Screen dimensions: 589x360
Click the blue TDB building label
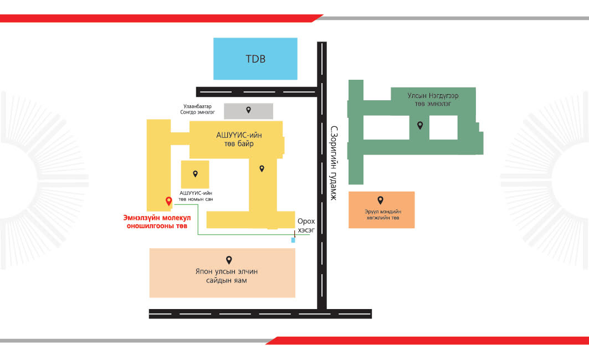[x=255, y=59]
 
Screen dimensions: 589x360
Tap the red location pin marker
[x=168, y=201]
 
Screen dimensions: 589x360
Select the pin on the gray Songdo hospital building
[x=248, y=110]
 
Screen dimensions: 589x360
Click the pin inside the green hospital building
[x=420, y=125]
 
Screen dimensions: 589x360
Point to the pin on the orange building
[x=381, y=200]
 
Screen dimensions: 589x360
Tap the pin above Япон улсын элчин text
[x=229, y=260]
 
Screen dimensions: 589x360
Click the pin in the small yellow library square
[x=196, y=174]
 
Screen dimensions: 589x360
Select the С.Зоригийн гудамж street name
[x=334, y=163]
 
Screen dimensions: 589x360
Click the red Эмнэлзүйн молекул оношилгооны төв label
[x=157, y=222]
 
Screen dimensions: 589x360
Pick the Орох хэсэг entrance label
[x=306, y=225]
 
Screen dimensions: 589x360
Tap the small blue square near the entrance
[x=293, y=240]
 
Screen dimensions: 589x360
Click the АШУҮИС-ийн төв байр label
[x=239, y=139]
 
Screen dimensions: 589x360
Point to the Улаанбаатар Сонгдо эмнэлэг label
[x=198, y=109]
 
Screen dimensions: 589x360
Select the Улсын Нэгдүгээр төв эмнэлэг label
[x=433, y=100]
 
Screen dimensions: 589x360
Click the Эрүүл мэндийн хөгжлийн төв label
[x=383, y=215]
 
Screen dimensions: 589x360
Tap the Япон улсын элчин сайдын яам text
[x=227, y=276]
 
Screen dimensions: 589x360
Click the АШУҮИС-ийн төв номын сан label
[x=196, y=196]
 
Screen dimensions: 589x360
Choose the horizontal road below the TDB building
[x=257, y=92]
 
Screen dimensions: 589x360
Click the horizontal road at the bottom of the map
[x=260, y=314]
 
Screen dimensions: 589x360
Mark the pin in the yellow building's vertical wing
[x=262, y=169]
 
